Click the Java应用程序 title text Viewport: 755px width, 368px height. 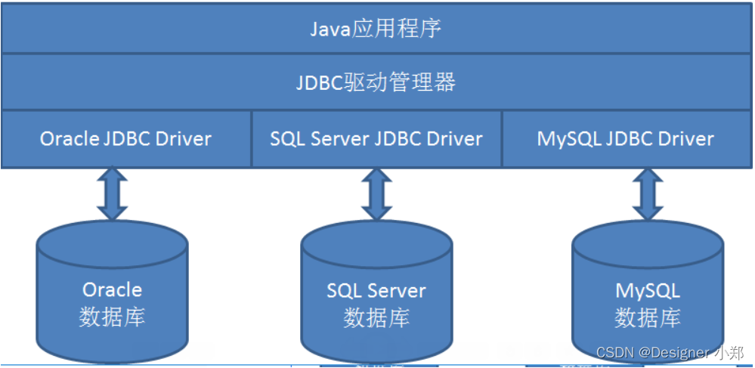[x=376, y=29]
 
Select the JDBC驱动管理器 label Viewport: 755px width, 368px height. [x=376, y=82]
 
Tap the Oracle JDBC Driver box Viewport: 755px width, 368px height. [x=125, y=139]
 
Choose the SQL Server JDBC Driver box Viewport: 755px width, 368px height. [x=376, y=139]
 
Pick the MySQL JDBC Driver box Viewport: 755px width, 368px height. [x=626, y=139]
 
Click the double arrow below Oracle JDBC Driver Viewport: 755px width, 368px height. [x=112, y=194]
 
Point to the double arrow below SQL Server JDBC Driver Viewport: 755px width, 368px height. [x=376, y=194]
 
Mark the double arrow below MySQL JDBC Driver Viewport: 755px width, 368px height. [x=647, y=194]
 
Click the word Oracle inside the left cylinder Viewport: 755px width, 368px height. [x=112, y=289]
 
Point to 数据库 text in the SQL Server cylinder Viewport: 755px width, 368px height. [x=376, y=317]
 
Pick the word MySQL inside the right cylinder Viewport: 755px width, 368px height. [x=647, y=290]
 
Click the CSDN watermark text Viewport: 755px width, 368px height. [x=669, y=353]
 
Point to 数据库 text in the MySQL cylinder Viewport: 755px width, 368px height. [x=647, y=317]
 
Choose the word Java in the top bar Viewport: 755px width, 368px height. [x=330, y=29]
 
